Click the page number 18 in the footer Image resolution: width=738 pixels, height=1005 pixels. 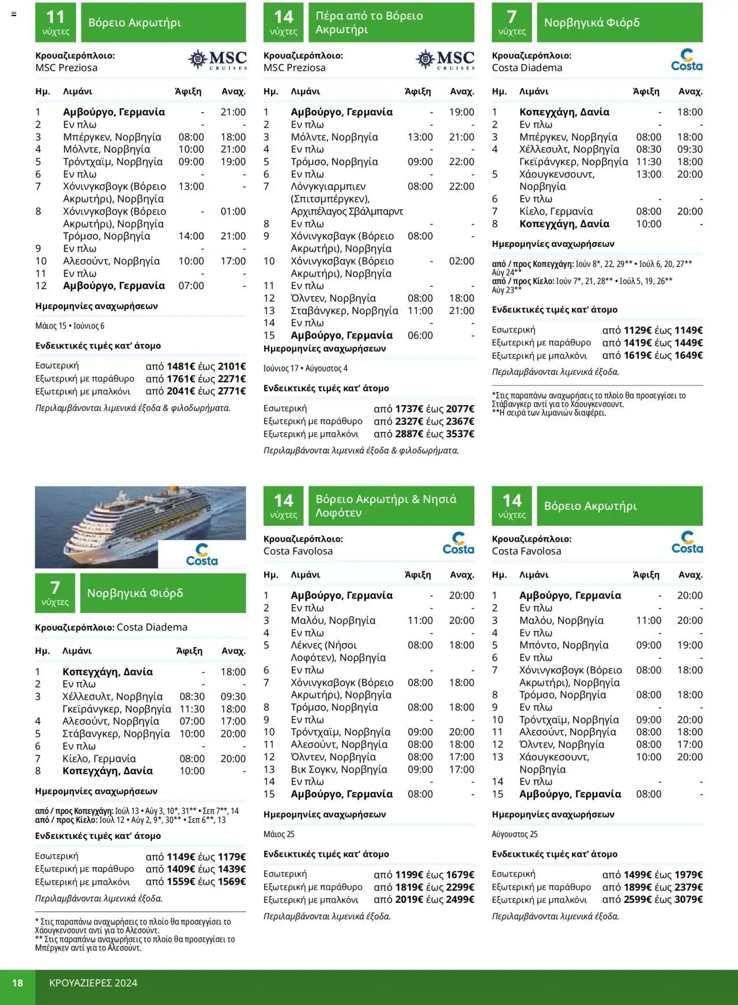[18, 982]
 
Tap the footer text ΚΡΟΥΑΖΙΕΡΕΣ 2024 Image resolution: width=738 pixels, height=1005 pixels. [93, 982]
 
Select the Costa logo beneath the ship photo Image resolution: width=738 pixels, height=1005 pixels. [202, 555]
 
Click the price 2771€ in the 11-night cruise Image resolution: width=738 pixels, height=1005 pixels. [231, 391]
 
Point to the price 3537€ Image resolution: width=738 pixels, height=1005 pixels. [460, 434]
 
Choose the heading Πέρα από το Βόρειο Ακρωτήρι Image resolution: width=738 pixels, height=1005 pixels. [369, 22]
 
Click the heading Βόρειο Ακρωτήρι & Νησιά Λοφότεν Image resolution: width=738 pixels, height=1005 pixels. [386, 506]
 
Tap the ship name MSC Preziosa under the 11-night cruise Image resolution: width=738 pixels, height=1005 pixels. [66, 67]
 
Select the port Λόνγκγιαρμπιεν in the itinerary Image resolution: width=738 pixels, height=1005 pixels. [328, 186]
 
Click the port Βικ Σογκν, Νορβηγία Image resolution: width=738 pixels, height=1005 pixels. [339, 769]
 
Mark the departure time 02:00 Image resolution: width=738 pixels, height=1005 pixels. [461, 261]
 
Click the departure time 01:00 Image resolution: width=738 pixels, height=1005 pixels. [233, 211]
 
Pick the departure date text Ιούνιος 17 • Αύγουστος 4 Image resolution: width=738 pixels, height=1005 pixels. [306, 368]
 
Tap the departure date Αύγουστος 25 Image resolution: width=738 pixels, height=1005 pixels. [514, 834]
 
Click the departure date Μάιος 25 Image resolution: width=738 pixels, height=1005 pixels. [279, 834]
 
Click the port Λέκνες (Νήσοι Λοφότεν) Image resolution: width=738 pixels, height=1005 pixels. [323, 645]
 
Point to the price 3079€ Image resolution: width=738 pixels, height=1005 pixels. [688, 899]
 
